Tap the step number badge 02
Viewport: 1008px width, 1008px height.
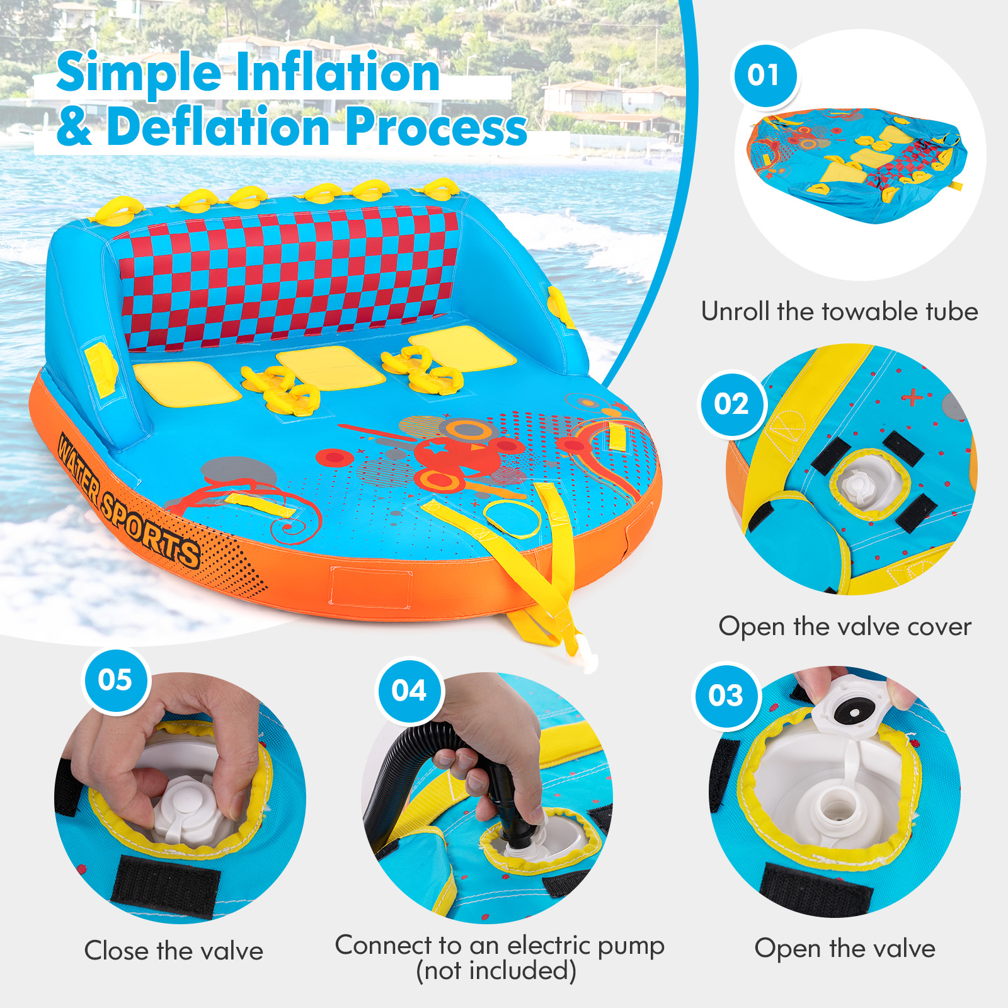click(x=732, y=404)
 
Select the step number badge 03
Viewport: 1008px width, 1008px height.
click(x=726, y=696)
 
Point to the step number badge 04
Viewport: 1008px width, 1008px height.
click(x=409, y=691)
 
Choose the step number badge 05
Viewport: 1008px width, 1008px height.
click(x=116, y=680)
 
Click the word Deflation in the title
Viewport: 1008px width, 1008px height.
click(x=218, y=127)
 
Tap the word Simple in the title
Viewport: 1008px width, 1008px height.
click(x=139, y=72)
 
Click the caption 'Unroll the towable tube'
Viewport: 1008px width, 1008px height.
click(x=839, y=311)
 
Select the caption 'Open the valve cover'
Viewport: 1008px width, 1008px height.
click(x=844, y=626)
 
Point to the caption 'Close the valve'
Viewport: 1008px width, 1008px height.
click(x=174, y=951)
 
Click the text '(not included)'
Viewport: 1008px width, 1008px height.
click(x=496, y=971)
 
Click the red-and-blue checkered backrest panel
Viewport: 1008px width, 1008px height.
click(x=290, y=277)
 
